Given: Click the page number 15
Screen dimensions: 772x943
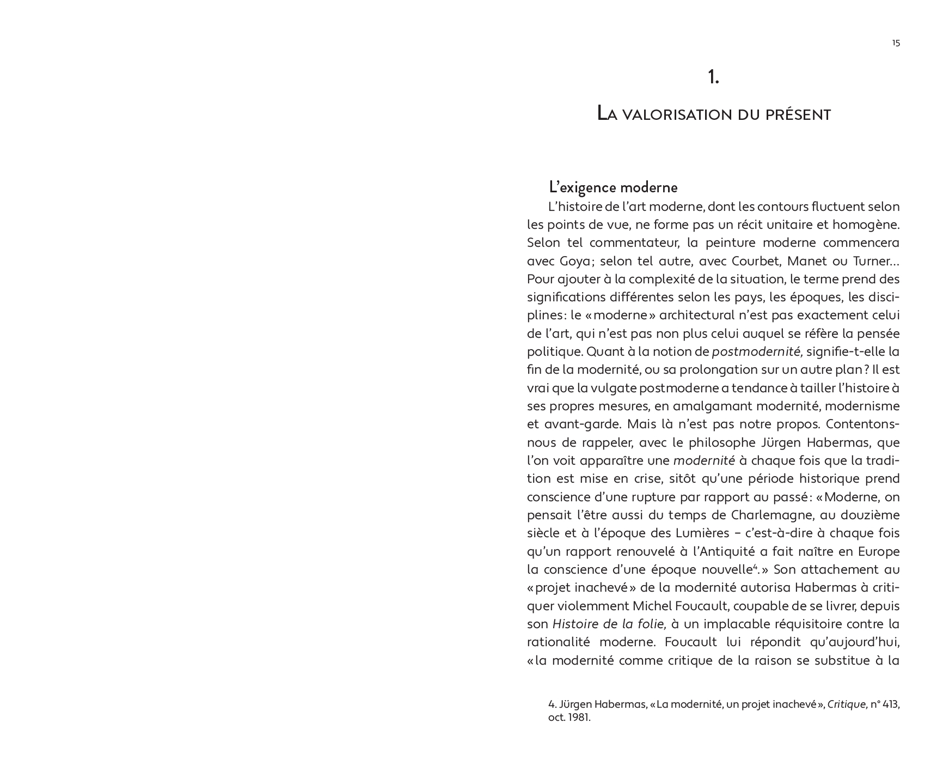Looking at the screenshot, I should click(x=896, y=44).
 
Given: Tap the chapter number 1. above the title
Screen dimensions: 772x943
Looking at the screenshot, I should click(x=713, y=78).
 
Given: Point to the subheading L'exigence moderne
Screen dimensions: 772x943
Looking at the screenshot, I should click(x=613, y=187).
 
